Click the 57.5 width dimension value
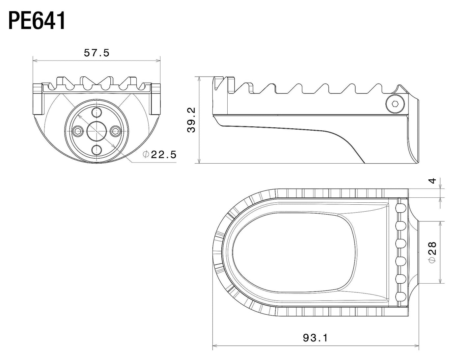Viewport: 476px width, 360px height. click(x=96, y=53)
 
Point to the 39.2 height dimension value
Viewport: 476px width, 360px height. click(x=191, y=120)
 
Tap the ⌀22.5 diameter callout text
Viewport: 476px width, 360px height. click(x=160, y=154)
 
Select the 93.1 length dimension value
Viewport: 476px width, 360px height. click(x=315, y=338)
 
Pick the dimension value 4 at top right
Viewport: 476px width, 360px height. click(x=433, y=180)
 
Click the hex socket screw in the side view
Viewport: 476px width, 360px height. click(x=395, y=104)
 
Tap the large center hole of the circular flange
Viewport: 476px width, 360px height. click(x=96, y=131)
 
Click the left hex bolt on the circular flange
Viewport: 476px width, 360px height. click(x=77, y=131)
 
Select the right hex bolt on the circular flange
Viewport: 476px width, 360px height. click(x=115, y=131)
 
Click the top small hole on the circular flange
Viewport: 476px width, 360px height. click(x=96, y=112)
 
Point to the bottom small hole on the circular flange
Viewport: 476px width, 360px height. click(x=96, y=150)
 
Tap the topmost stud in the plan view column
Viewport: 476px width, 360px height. click(x=400, y=208)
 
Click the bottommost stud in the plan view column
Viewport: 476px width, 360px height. click(x=400, y=296)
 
